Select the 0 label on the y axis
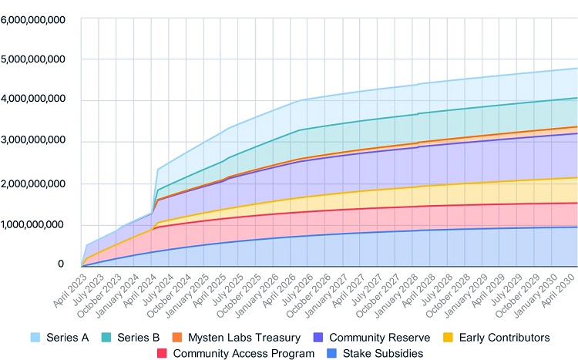61,264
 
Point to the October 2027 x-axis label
388,291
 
